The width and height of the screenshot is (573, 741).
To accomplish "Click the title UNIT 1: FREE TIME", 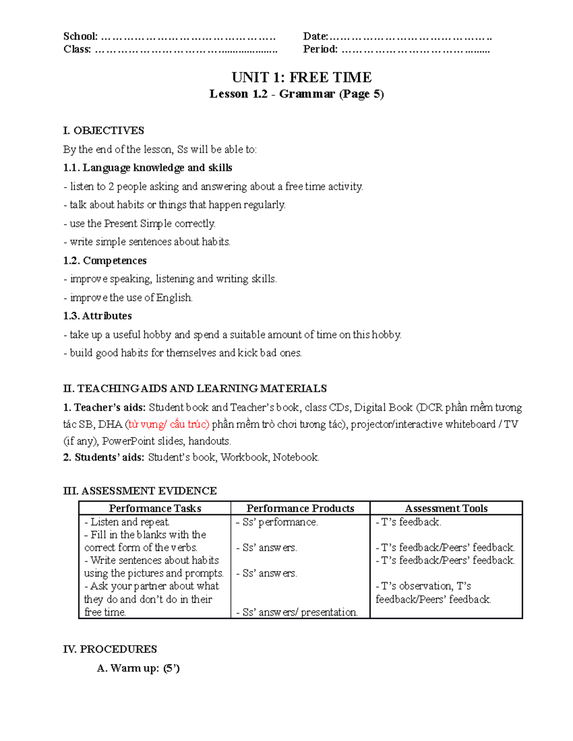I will click(301, 77).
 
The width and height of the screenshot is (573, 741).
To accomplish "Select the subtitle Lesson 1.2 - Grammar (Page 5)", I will click(297, 94).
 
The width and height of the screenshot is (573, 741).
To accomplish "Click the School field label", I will click(80, 37).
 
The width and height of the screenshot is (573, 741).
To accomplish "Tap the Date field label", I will click(315, 37).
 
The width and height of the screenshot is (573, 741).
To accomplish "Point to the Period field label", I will click(320, 49).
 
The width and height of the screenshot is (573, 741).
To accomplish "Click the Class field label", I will click(77, 49).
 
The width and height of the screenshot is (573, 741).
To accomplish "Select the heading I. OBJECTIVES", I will click(104, 131).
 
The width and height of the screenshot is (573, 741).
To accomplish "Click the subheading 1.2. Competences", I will click(105, 261).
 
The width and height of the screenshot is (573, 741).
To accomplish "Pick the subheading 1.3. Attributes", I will click(97, 316).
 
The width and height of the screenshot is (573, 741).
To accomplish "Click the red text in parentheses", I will click(167, 424).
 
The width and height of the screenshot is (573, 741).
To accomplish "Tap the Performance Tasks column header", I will click(155, 509).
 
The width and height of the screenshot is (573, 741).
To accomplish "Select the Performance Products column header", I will click(300, 509).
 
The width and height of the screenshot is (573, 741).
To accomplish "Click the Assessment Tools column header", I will click(446, 509).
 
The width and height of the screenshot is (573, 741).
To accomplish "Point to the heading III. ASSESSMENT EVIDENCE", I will click(140, 491).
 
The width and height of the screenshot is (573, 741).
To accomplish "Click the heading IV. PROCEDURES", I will click(110, 649).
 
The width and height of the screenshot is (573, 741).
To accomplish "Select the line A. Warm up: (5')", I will click(138, 668).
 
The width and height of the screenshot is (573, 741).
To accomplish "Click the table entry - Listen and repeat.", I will click(127, 522).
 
